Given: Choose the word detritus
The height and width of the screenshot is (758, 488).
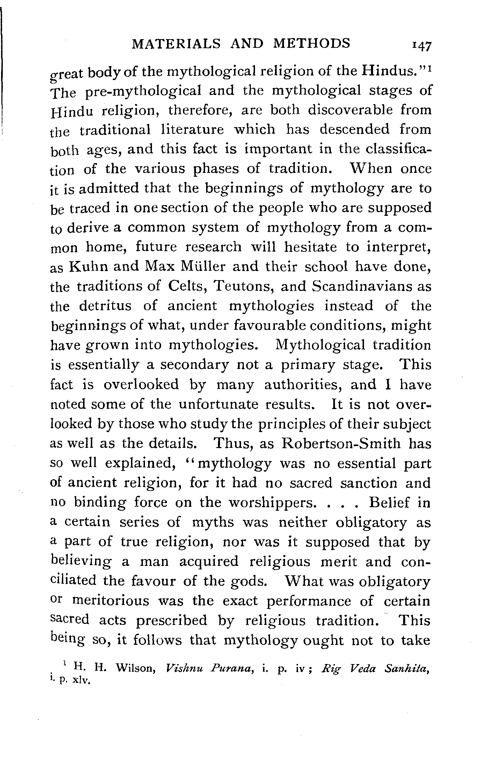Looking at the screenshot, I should pyautogui.click(x=105, y=306).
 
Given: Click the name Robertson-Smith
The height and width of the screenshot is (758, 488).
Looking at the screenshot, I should pyautogui.click(x=341, y=443).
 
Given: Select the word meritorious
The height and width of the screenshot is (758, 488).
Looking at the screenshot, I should pyautogui.click(x=111, y=601).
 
